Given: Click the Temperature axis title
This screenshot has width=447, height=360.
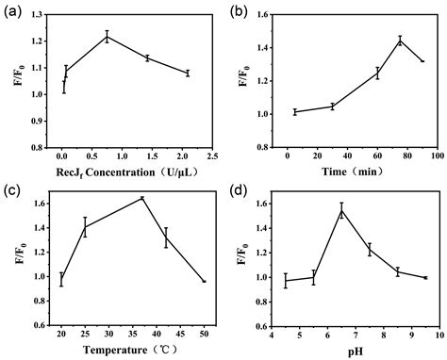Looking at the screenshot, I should click(124, 348).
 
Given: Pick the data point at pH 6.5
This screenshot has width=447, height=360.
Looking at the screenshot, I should click(342, 210).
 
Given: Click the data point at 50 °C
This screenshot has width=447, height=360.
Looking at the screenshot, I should click(204, 282).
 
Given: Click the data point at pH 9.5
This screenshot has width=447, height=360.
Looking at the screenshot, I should click(425, 278).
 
